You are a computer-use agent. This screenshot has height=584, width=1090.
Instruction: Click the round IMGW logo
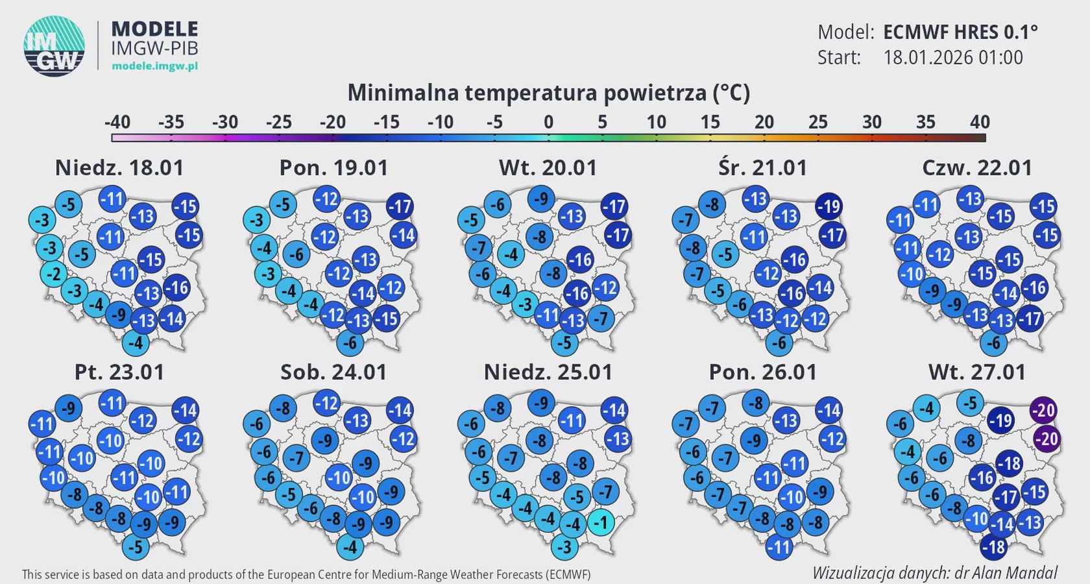pyautogui.click(x=54, y=46)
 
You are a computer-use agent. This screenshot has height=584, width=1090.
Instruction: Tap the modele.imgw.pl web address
pyautogui.click(x=154, y=66)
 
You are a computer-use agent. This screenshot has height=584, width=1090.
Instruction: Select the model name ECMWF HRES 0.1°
pyautogui.click(x=960, y=32)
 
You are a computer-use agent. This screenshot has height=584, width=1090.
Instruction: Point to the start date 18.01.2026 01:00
pyautogui.click(x=952, y=58)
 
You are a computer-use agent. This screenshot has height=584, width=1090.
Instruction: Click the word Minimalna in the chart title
pyautogui.click(x=402, y=93)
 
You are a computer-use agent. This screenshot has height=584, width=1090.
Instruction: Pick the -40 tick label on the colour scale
pyautogui.click(x=117, y=122)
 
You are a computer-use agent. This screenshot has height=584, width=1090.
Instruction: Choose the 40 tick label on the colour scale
pyautogui.click(x=980, y=122)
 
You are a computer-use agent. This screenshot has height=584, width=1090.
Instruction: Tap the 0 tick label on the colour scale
pyautogui.click(x=549, y=122)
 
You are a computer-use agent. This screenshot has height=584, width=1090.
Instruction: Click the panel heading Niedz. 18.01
pyautogui.click(x=119, y=168)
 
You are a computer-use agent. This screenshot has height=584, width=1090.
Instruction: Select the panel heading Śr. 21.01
pyautogui.click(x=762, y=168)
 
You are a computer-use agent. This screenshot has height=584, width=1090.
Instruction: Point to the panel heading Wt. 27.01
pyautogui.click(x=976, y=372)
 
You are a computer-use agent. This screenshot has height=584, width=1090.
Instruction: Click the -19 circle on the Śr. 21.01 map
pyautogui.click(x=829, y=206)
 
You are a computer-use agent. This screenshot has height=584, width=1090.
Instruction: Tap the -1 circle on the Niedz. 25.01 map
pyautogui.click(x=601, y=522)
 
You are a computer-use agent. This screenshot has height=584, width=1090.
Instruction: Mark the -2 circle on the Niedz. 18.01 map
pyautogui.click(x=54, y=274)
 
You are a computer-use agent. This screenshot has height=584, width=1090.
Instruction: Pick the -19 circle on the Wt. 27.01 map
pyautogui.click(x=1000, y=420)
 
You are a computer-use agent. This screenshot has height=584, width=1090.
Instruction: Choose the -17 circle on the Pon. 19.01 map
pyautogui.click(x=400, y=207)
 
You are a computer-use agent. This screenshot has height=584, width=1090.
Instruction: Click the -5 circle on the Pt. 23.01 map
pyautogui.click(x=135, y=547)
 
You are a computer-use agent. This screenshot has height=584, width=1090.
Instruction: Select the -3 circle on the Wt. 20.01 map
pyautogui.click(x=525, y=304)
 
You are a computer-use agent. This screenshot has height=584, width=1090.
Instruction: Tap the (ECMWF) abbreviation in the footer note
pyautogui.click(x=568, y=574)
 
